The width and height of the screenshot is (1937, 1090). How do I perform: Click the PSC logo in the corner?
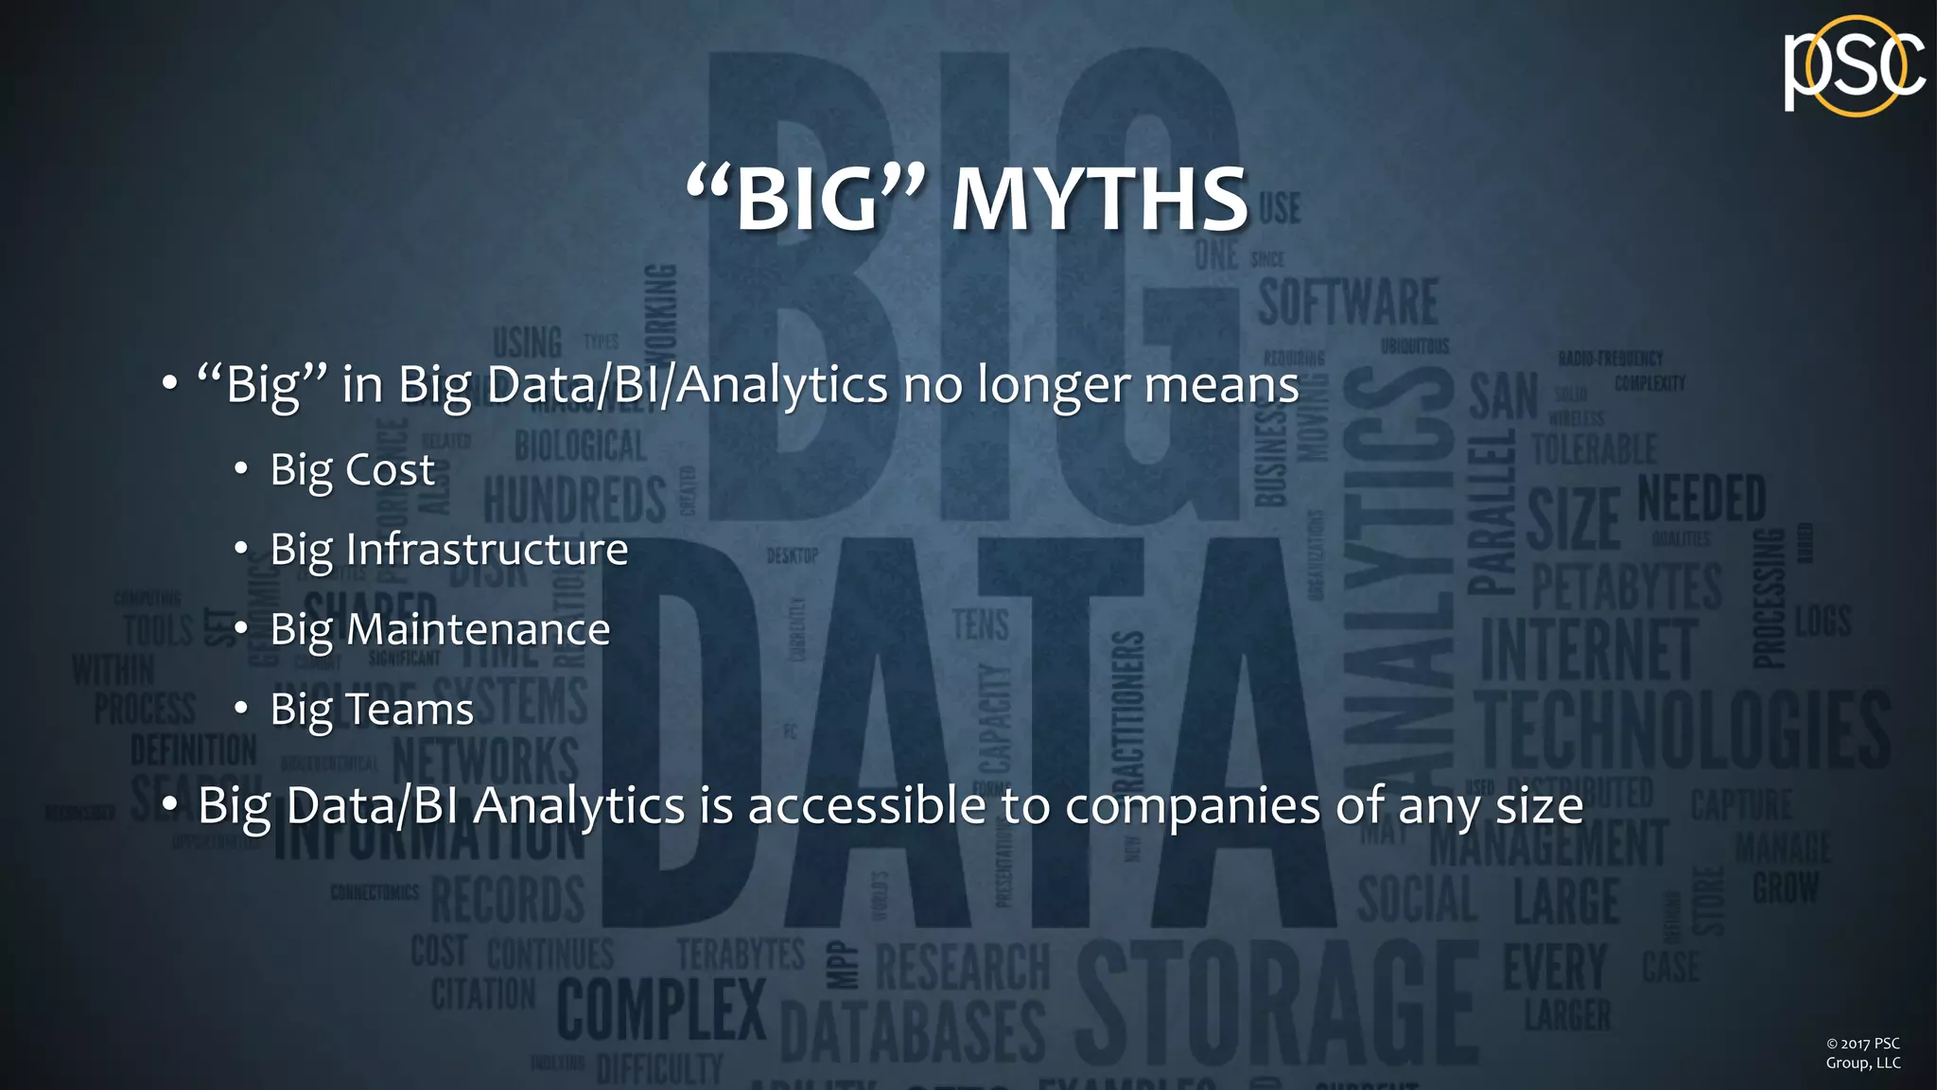1854,66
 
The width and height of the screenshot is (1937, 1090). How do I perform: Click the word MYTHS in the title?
1100,200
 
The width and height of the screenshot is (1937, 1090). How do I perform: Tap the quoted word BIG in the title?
806,198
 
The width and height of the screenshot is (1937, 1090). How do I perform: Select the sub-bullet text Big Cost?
352,470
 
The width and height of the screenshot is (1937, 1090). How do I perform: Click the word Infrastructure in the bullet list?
487,550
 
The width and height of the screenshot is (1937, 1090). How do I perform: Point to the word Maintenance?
479,630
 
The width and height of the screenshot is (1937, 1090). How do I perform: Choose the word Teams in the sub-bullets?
410,710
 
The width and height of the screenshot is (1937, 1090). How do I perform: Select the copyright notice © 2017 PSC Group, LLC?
1862,1053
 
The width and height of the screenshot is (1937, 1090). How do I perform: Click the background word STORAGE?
1277,1003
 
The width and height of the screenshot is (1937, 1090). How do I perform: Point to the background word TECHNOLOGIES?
1684,730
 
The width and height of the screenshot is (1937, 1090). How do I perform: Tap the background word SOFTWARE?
1348,302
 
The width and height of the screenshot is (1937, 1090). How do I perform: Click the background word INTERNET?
1589,650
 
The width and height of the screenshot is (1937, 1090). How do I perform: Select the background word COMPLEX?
661,1010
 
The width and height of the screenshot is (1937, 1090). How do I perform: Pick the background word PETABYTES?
1627,587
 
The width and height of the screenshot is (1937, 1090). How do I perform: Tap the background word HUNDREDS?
575,500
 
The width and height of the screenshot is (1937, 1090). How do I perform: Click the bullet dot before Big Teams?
241,709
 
